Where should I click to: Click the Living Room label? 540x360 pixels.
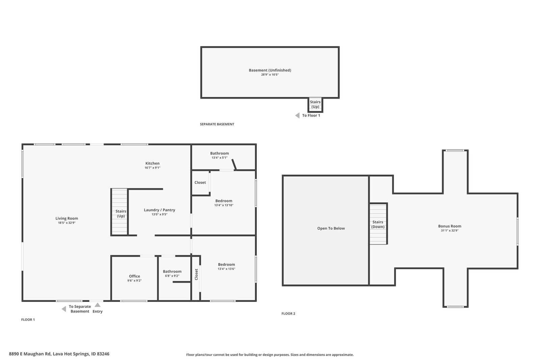tap(67, 218)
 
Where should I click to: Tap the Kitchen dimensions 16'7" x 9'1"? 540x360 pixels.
tap(152, 168)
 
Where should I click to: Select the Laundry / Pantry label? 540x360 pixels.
tap(159, 210)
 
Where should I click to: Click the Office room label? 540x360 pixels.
tap(134, 276)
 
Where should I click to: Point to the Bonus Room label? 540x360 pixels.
tap(450, 226)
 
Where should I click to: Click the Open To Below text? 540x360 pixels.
tap(331, 228)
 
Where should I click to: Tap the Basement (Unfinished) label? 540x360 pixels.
tap(270, 70)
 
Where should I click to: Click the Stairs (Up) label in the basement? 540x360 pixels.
tap(315, 104)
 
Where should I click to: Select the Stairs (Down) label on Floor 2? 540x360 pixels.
tap(378, 224)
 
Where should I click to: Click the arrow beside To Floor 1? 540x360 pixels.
tap(297, 115)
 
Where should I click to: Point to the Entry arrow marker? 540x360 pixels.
tap(98, 305)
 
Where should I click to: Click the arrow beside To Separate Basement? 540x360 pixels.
tap(64, 309)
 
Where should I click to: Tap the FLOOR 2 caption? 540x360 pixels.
tap(288, 313)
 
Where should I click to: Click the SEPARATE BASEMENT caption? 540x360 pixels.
tap(217, 124)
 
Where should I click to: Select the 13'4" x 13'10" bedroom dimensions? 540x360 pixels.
tap(224, 205)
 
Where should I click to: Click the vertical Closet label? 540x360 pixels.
tap(196, 274)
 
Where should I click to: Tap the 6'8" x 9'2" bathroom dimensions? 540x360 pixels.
tap(172, 276)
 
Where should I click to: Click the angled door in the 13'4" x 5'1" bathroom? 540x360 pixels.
tap(234, 164)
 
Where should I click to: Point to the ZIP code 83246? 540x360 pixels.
tap(103, 354)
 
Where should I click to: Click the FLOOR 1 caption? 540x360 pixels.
tap(28, 319)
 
